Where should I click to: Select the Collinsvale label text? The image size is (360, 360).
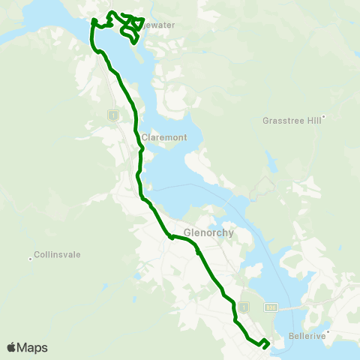[58, 255]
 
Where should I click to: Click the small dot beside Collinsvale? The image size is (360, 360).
[31, 259]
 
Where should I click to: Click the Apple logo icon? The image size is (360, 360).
[12, 347]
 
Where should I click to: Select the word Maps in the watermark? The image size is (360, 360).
[33, 347]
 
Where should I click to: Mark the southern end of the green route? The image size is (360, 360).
[264, 347]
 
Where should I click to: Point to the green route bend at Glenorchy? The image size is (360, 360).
[172, 238]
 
